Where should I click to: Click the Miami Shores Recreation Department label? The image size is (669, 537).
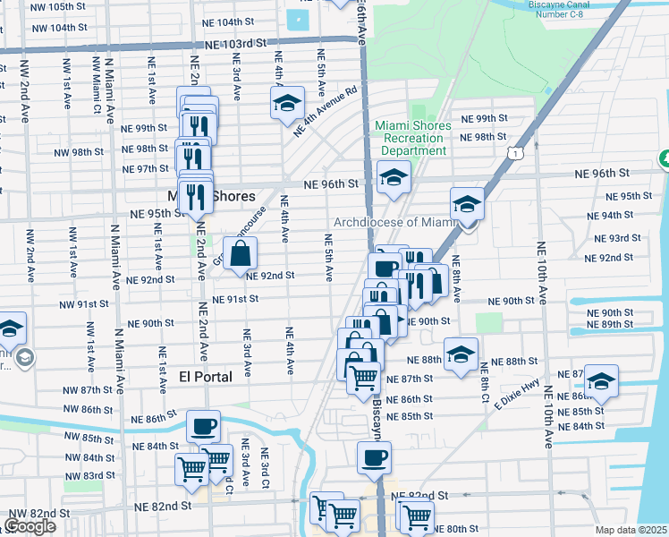point(412,138)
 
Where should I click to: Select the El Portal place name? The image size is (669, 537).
point(205,377)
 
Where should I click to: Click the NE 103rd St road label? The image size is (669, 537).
point(236,43)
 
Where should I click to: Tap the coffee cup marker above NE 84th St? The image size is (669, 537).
point(204,426)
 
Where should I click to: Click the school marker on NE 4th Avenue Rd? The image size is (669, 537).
point(287,103)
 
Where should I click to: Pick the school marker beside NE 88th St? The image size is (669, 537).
point(461,354)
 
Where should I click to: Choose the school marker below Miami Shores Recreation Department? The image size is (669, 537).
point(394,177)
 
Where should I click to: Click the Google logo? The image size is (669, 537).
point(30,525)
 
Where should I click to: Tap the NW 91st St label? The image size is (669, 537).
point(84,304)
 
